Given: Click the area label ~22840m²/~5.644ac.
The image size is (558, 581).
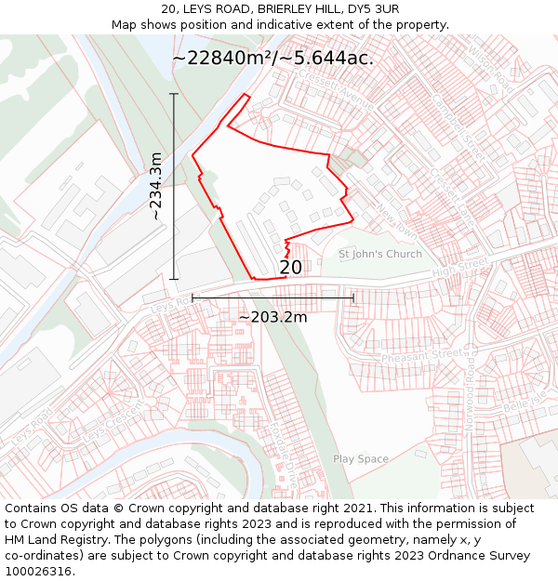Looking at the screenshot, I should point(273,58).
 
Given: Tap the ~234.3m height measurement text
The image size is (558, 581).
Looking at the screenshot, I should point(155,186).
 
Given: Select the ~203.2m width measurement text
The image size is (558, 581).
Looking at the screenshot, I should point(272,317).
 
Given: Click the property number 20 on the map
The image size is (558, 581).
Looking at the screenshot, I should point(290,268).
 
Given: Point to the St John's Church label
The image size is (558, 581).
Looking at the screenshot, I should point(379,254).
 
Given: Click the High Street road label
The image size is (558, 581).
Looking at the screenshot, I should point(460,268).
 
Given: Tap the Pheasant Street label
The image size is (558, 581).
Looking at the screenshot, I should point(421,355).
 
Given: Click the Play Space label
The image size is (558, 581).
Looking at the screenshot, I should point(361,459).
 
